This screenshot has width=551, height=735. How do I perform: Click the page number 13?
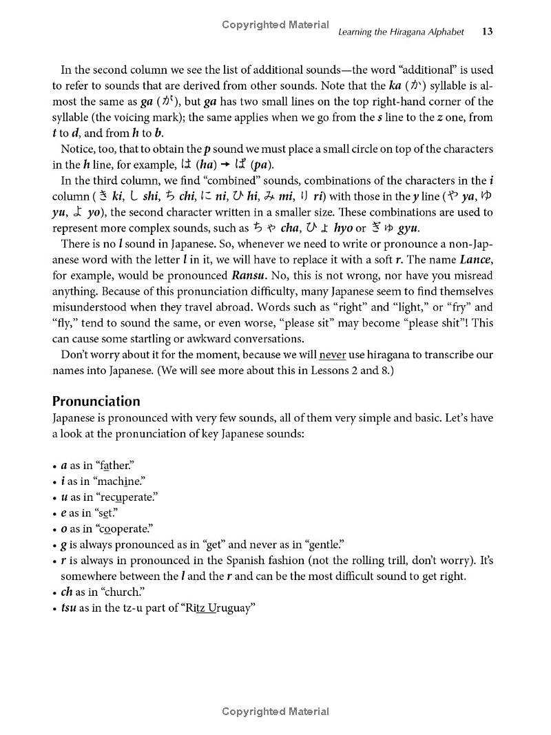[x=487, y=32]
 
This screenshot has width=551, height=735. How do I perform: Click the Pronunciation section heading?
[x=96, y=401]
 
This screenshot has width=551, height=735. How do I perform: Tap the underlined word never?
[x=333, y=355]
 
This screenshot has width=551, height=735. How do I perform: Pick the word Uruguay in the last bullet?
[x=229, y=608]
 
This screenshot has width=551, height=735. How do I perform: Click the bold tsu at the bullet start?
[x=68, y=608]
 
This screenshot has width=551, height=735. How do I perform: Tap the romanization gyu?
[x=406, y=228]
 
